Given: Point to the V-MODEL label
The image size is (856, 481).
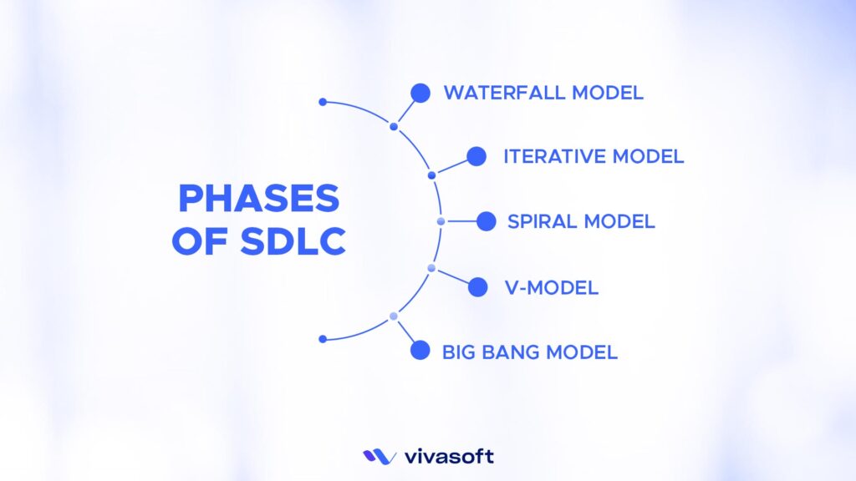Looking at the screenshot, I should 551,288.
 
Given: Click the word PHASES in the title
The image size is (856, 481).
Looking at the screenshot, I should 258,199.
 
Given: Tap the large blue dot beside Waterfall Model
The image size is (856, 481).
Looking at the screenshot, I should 420,93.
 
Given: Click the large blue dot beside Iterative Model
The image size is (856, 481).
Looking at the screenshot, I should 476,156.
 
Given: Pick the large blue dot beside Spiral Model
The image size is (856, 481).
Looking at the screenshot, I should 486,221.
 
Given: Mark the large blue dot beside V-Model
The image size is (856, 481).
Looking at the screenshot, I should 477,287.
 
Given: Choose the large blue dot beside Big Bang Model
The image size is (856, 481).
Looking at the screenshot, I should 420,351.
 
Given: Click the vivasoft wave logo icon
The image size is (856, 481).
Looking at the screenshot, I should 379,456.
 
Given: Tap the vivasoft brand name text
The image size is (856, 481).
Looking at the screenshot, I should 449,456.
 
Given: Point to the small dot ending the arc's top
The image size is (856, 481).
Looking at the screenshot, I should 323,102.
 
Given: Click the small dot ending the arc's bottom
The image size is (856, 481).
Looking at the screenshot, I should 323,339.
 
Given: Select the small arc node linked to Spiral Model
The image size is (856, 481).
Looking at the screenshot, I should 441,221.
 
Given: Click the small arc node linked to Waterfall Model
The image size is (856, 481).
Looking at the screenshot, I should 394,127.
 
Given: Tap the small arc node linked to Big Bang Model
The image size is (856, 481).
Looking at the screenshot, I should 393,316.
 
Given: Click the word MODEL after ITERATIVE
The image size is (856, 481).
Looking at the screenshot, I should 648,156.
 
